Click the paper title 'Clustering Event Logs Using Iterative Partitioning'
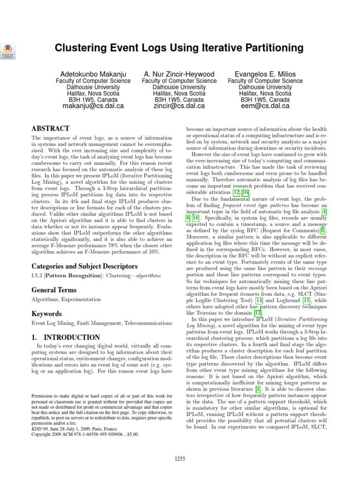[x=180, y=48]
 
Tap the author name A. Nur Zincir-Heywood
[x=179, y=74]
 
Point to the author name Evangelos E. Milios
[x=265, y=74]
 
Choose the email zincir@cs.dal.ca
[x=179, y=106]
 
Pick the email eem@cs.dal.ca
[x=265, y=106]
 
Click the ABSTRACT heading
[x=50, y=128]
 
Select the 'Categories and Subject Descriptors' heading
[x=84, y=266]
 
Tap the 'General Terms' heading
[x=54, y=290]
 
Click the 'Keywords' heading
[x=47, y=313]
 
